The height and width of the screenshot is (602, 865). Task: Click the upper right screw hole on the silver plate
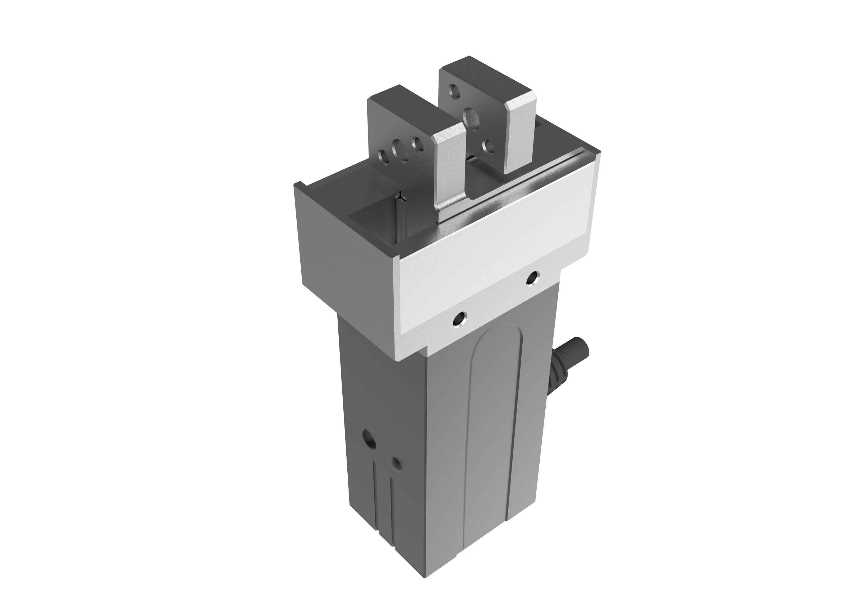click(532, 278)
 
